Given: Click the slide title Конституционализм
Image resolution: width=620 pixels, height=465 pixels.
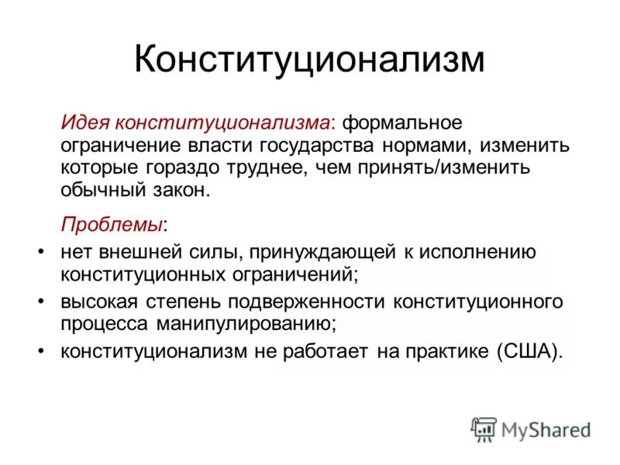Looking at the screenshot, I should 309,60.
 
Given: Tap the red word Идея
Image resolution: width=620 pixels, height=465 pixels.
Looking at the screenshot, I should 87,124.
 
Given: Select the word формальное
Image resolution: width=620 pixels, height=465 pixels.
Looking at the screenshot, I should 402,124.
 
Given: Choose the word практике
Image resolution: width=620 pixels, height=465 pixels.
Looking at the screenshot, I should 444,350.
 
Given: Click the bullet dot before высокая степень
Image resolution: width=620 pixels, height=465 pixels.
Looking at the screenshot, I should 40,298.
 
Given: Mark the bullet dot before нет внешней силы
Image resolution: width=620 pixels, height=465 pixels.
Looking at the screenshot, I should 40,251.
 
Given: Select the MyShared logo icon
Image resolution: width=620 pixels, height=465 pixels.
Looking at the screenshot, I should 484,429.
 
